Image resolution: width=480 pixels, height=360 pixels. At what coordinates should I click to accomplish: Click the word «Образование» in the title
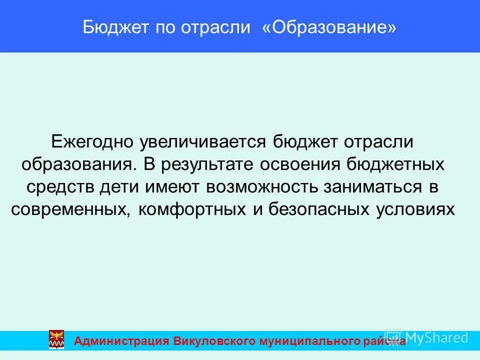(329, 27)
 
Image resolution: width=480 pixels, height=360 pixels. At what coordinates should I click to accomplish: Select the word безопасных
(319, 209)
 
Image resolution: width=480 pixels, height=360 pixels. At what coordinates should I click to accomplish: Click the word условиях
(414, 209)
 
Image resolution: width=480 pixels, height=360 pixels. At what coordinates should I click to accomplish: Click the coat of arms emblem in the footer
(56, 339)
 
